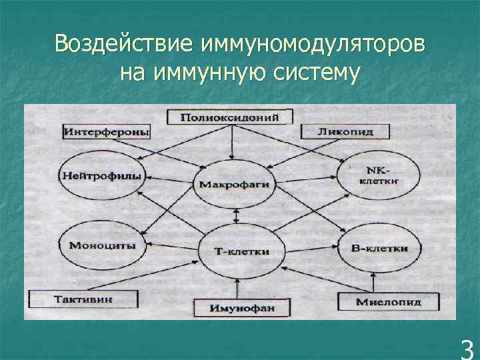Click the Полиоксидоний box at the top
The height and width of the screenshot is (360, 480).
pos(228,118)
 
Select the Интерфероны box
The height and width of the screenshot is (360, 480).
pos(107,131)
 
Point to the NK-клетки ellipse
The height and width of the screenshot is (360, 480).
pos(379,175)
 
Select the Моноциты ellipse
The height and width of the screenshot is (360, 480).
pos(101,245)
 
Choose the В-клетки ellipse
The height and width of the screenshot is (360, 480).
pos(379,248)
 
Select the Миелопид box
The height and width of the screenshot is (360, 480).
pos(388,302)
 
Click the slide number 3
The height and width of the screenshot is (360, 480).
pos(467,348)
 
